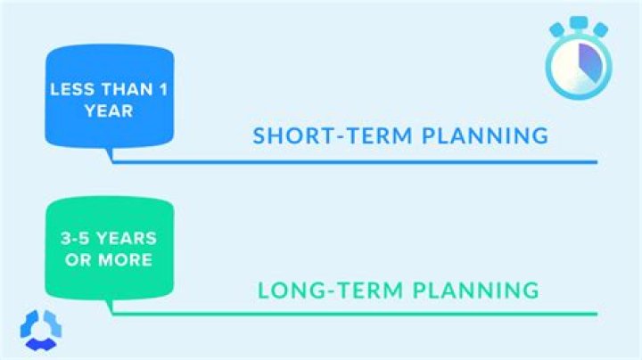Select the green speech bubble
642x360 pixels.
click(x=109, y=250)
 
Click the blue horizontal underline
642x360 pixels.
click(x=357, y=162)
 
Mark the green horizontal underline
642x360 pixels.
click(x=357, y=314)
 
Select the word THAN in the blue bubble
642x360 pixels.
click(x=115, y=90)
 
